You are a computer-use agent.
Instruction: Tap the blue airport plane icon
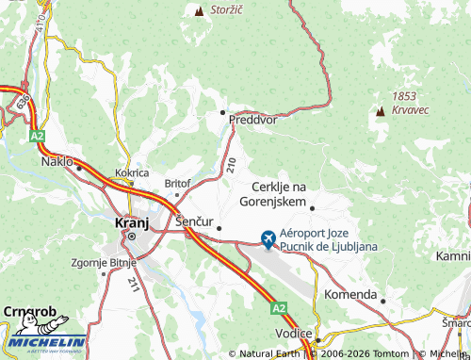(x=269, y=240)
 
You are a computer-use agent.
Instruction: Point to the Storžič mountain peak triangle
(x=199, y=11)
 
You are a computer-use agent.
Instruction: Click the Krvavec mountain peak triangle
(x=381, y=111)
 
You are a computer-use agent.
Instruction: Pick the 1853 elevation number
(x=404, y=97)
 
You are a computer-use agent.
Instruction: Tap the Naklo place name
(x=57, y=161)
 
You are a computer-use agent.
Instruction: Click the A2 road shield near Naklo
(x=38, y=137)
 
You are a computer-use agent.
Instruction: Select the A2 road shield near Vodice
(x=278, y=307)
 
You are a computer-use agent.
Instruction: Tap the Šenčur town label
(x=194, y=221)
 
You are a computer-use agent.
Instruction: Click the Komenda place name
(x=349, y=294)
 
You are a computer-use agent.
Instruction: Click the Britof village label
(x=177, y=183)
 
